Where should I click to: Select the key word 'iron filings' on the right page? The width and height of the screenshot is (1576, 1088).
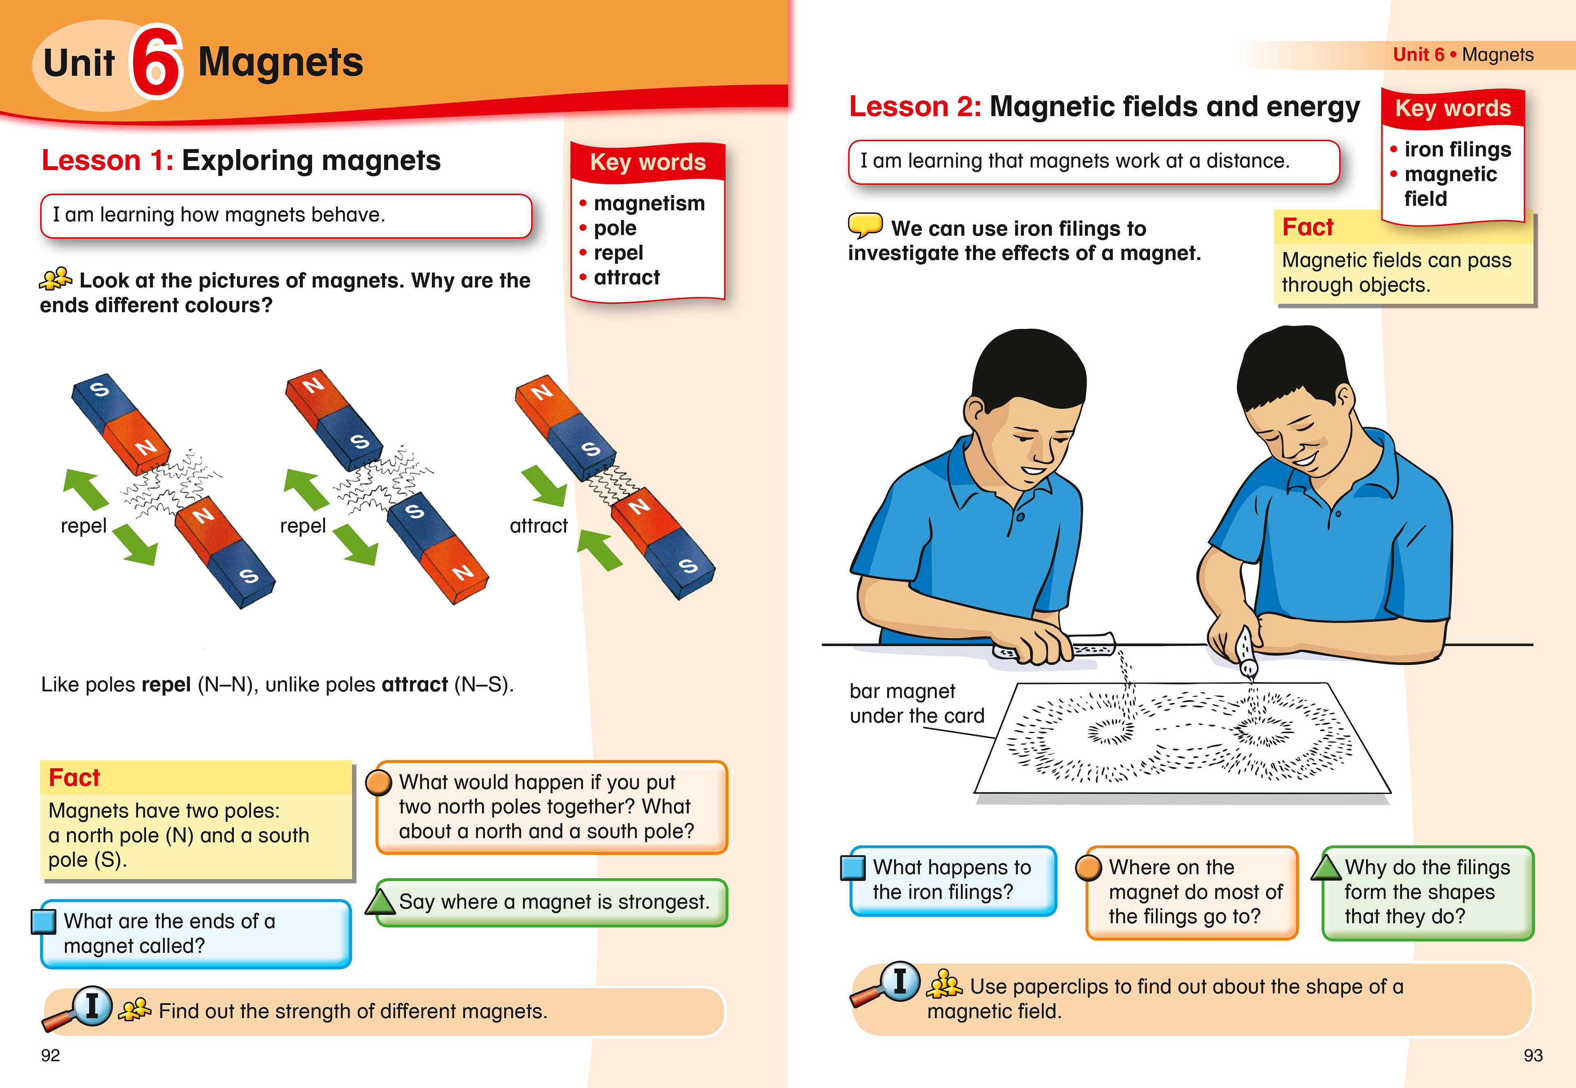[x=1457, y=149]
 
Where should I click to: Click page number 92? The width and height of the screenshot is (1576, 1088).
[x=50, y=1055]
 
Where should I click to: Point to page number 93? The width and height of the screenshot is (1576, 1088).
[x=1533, y=1055]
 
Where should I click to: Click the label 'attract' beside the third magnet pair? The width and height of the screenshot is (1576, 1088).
[x=538, y=526]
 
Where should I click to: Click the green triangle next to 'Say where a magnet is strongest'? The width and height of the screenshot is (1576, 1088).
[x=380, y=900]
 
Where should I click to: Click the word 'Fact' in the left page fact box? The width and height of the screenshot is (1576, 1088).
[x=74, y=778]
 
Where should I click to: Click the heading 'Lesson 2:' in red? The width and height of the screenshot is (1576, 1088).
[x=914, y=107]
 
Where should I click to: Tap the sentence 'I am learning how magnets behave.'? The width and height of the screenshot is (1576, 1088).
[x=219, y=215]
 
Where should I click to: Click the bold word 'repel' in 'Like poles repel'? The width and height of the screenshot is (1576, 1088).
[x=166, y=684]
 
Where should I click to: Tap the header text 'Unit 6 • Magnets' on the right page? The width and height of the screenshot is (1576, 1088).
[x=1463, y=55]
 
